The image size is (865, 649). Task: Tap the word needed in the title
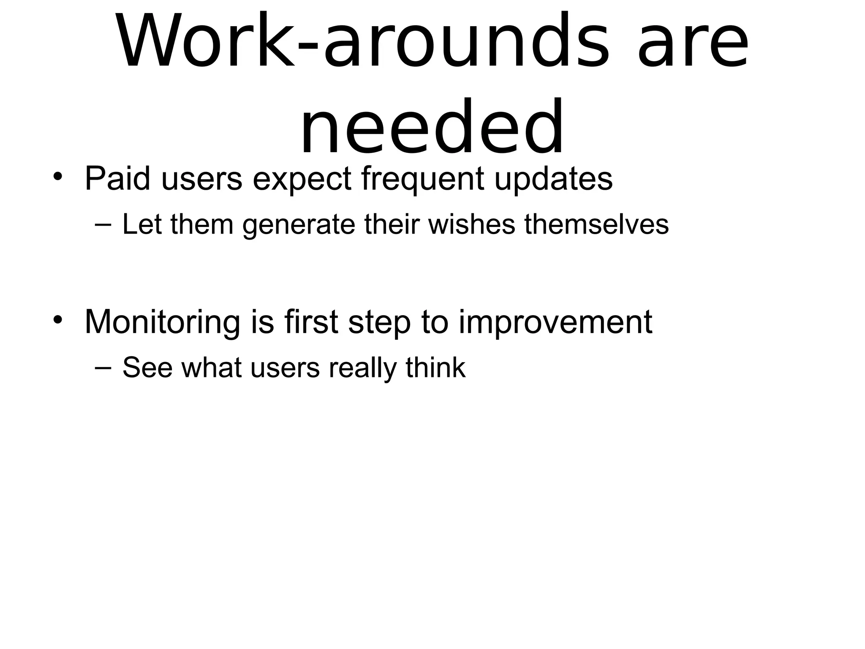(x=432, y=127)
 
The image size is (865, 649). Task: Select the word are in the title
(x=693, y=41)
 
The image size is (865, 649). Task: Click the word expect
(x=302, y=180)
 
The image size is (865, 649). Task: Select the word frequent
(x=422, y=180)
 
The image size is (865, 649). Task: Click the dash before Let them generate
(x=103, y=224)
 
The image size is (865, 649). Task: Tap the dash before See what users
(x=103, y=367)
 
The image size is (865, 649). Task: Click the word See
(x=147, y=368)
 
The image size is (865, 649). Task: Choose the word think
(x=435, y=368)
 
